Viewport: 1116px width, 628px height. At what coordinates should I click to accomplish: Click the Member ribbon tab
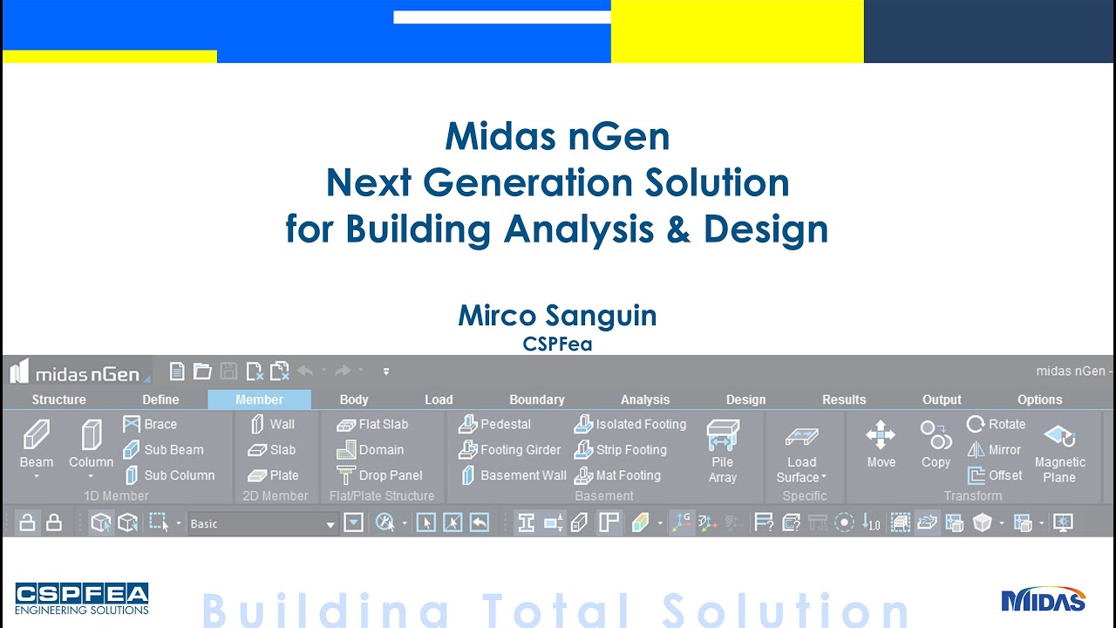coord(259,399)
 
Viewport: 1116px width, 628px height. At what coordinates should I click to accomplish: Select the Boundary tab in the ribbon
coord(536,399)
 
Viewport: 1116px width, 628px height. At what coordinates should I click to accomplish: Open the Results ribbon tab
coord(844,399)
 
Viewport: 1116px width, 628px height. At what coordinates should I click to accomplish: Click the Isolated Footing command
coord(630,424)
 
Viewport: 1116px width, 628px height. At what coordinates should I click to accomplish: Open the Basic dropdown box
coord(262,523)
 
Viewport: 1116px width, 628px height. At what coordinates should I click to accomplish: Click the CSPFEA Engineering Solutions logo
coord(82,598)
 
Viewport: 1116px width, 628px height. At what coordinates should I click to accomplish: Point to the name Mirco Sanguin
coord(557,315)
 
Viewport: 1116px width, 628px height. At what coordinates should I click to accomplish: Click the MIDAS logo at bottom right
coord(1043,599)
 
